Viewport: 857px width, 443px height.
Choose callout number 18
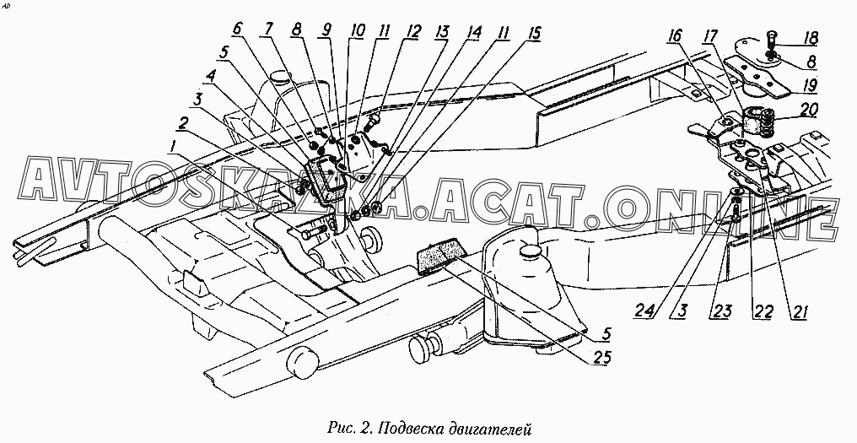[811, 39]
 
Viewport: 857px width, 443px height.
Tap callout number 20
[810, 111]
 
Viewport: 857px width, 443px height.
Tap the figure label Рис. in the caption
[337, 428]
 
